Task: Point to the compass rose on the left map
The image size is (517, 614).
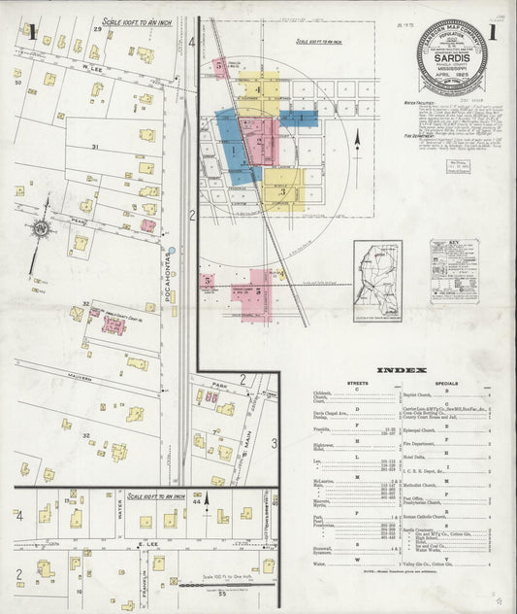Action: (x=40, y=229)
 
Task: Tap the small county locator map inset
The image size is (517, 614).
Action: (x=376, y=279)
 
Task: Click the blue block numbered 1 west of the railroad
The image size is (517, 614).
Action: (x=233, y=151)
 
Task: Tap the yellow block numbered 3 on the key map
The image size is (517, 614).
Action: (x=281, y=191)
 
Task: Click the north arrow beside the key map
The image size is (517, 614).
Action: (x=357, y=142)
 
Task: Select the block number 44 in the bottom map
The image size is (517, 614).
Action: (x=196, y=501)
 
